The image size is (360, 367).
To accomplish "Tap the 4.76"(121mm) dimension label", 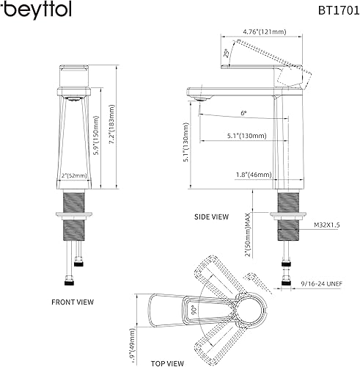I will (244, 31).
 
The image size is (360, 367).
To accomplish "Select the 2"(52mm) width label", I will (74, 176).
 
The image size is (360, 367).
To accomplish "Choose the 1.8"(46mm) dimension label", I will (246, 175).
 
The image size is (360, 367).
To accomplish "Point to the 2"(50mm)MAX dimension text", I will (250, 233).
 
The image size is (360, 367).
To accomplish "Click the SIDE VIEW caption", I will (211, 217).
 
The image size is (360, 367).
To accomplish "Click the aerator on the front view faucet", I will (73, 96).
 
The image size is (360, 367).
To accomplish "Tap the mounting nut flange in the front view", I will (73, 214).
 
